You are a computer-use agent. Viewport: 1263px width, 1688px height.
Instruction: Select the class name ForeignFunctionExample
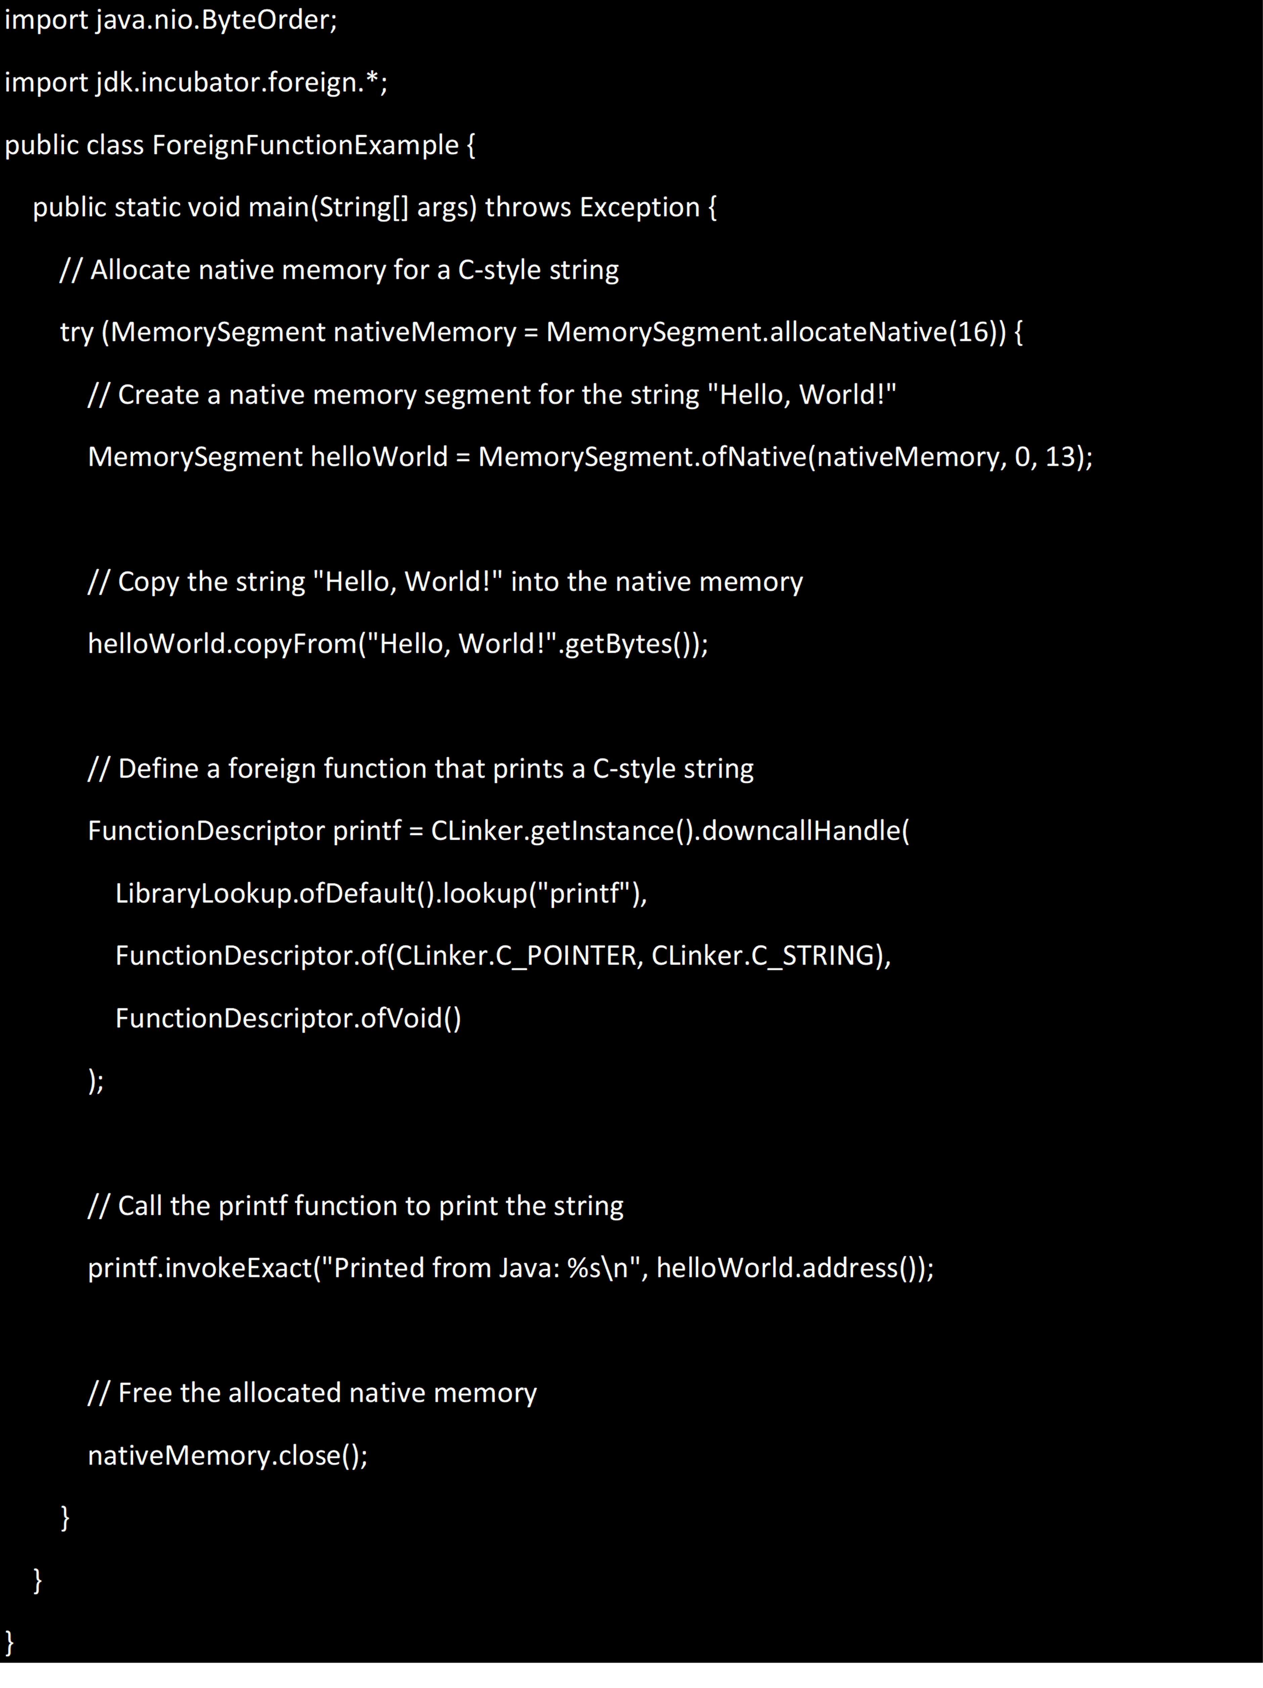point(305,145)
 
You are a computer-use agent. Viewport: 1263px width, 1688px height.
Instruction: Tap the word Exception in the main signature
point(639,207)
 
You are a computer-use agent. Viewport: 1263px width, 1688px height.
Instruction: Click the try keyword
point(76,333)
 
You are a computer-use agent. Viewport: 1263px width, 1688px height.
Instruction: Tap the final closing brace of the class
point(9,1642)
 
